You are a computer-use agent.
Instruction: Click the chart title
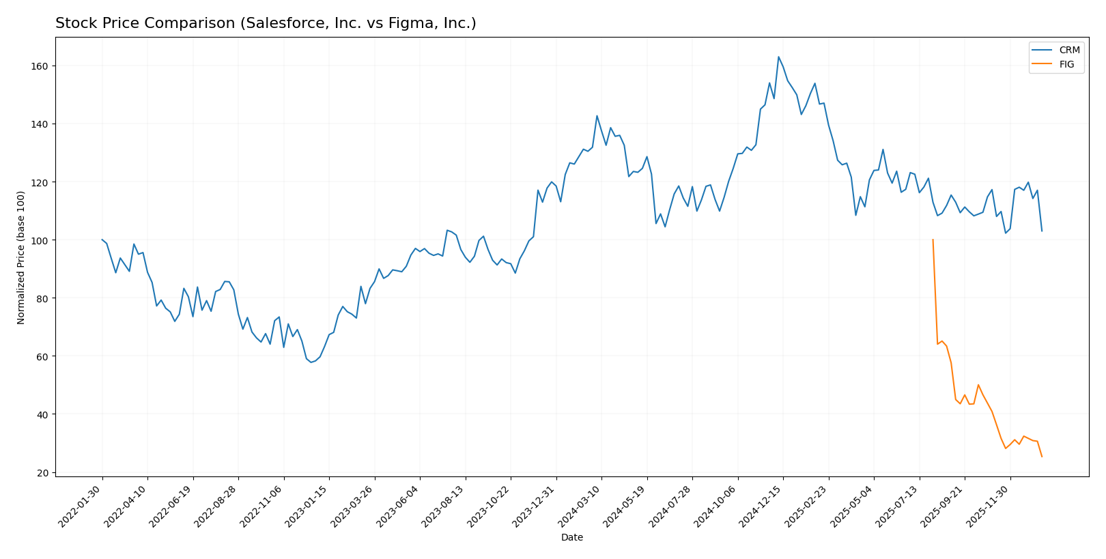(x=266, y=24)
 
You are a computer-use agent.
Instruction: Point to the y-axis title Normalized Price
(x=21, y=257)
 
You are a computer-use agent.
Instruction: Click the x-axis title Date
(x=572, y=538)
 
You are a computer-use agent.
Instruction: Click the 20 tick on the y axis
(x=42, y=473)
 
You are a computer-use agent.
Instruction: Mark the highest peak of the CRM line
(x=778, y=57)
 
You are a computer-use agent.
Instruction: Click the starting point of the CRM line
(x=102, y=240)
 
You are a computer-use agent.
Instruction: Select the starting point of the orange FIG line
(x=933, y=240)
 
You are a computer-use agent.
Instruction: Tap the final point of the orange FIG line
(x=1042, y=457)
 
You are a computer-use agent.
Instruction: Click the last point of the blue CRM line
(x=1042, y=231)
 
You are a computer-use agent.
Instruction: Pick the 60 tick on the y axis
(x=42, y=356)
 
